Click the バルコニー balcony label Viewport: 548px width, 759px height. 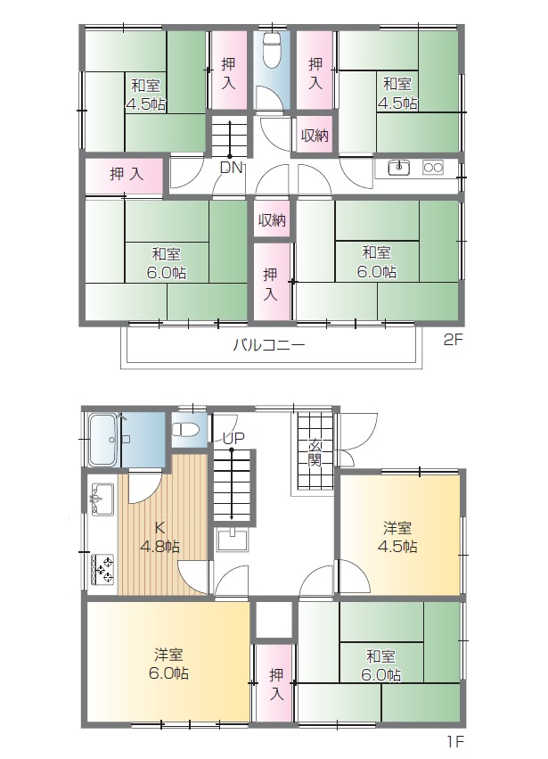tap(269, 345)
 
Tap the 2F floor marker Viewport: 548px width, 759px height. tap(454, 341)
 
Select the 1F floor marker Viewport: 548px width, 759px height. tap(454, 741)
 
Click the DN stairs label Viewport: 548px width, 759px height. tap(231, 168)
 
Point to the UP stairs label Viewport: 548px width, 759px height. tap(233, 439)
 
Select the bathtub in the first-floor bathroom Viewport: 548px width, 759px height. tap(103, 440)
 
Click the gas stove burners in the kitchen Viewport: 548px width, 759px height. tap(102, 569)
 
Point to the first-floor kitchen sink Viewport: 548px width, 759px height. tap(102, 499)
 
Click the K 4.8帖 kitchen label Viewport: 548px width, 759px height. tap(159, 537)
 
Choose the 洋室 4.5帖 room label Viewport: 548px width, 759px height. tap(397, 536)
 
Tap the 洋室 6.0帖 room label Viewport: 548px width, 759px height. tap(168, 664)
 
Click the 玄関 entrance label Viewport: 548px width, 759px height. tap(315, 452)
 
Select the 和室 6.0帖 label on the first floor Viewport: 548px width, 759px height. tap(380, 665)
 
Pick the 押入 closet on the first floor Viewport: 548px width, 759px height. tap(274, 683)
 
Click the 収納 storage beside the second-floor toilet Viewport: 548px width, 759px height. tap(315, 135)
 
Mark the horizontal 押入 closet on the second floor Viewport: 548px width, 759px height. tap(125, 174)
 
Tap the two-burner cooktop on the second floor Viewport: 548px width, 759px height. tap(433, 168)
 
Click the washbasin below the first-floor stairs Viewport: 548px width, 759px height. tap(233, 540)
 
